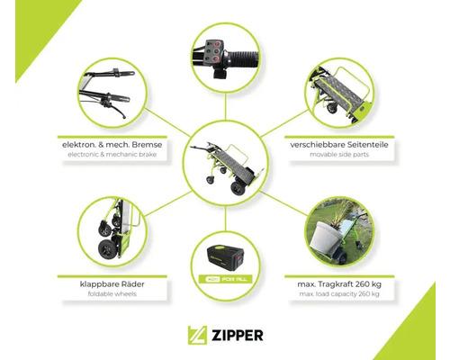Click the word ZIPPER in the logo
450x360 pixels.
point(238,336)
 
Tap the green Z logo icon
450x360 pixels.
point(197,335)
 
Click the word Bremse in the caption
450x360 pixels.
point(147,145)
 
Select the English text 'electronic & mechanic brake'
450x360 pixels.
point(112,155)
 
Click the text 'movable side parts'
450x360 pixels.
point(339,155)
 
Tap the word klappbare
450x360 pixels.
point(95,284)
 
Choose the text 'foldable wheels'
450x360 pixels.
point(112,293)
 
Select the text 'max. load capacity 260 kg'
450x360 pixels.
point(339,293)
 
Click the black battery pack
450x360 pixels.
point(226,258)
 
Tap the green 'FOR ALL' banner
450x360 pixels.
point(226,279)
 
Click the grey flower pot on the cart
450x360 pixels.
point(324,238)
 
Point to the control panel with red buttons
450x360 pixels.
point(213,52)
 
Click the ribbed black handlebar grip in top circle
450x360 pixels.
point(241,58)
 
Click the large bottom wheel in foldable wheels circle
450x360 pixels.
point(105,249)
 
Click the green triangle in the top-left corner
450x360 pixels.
point(40,29)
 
